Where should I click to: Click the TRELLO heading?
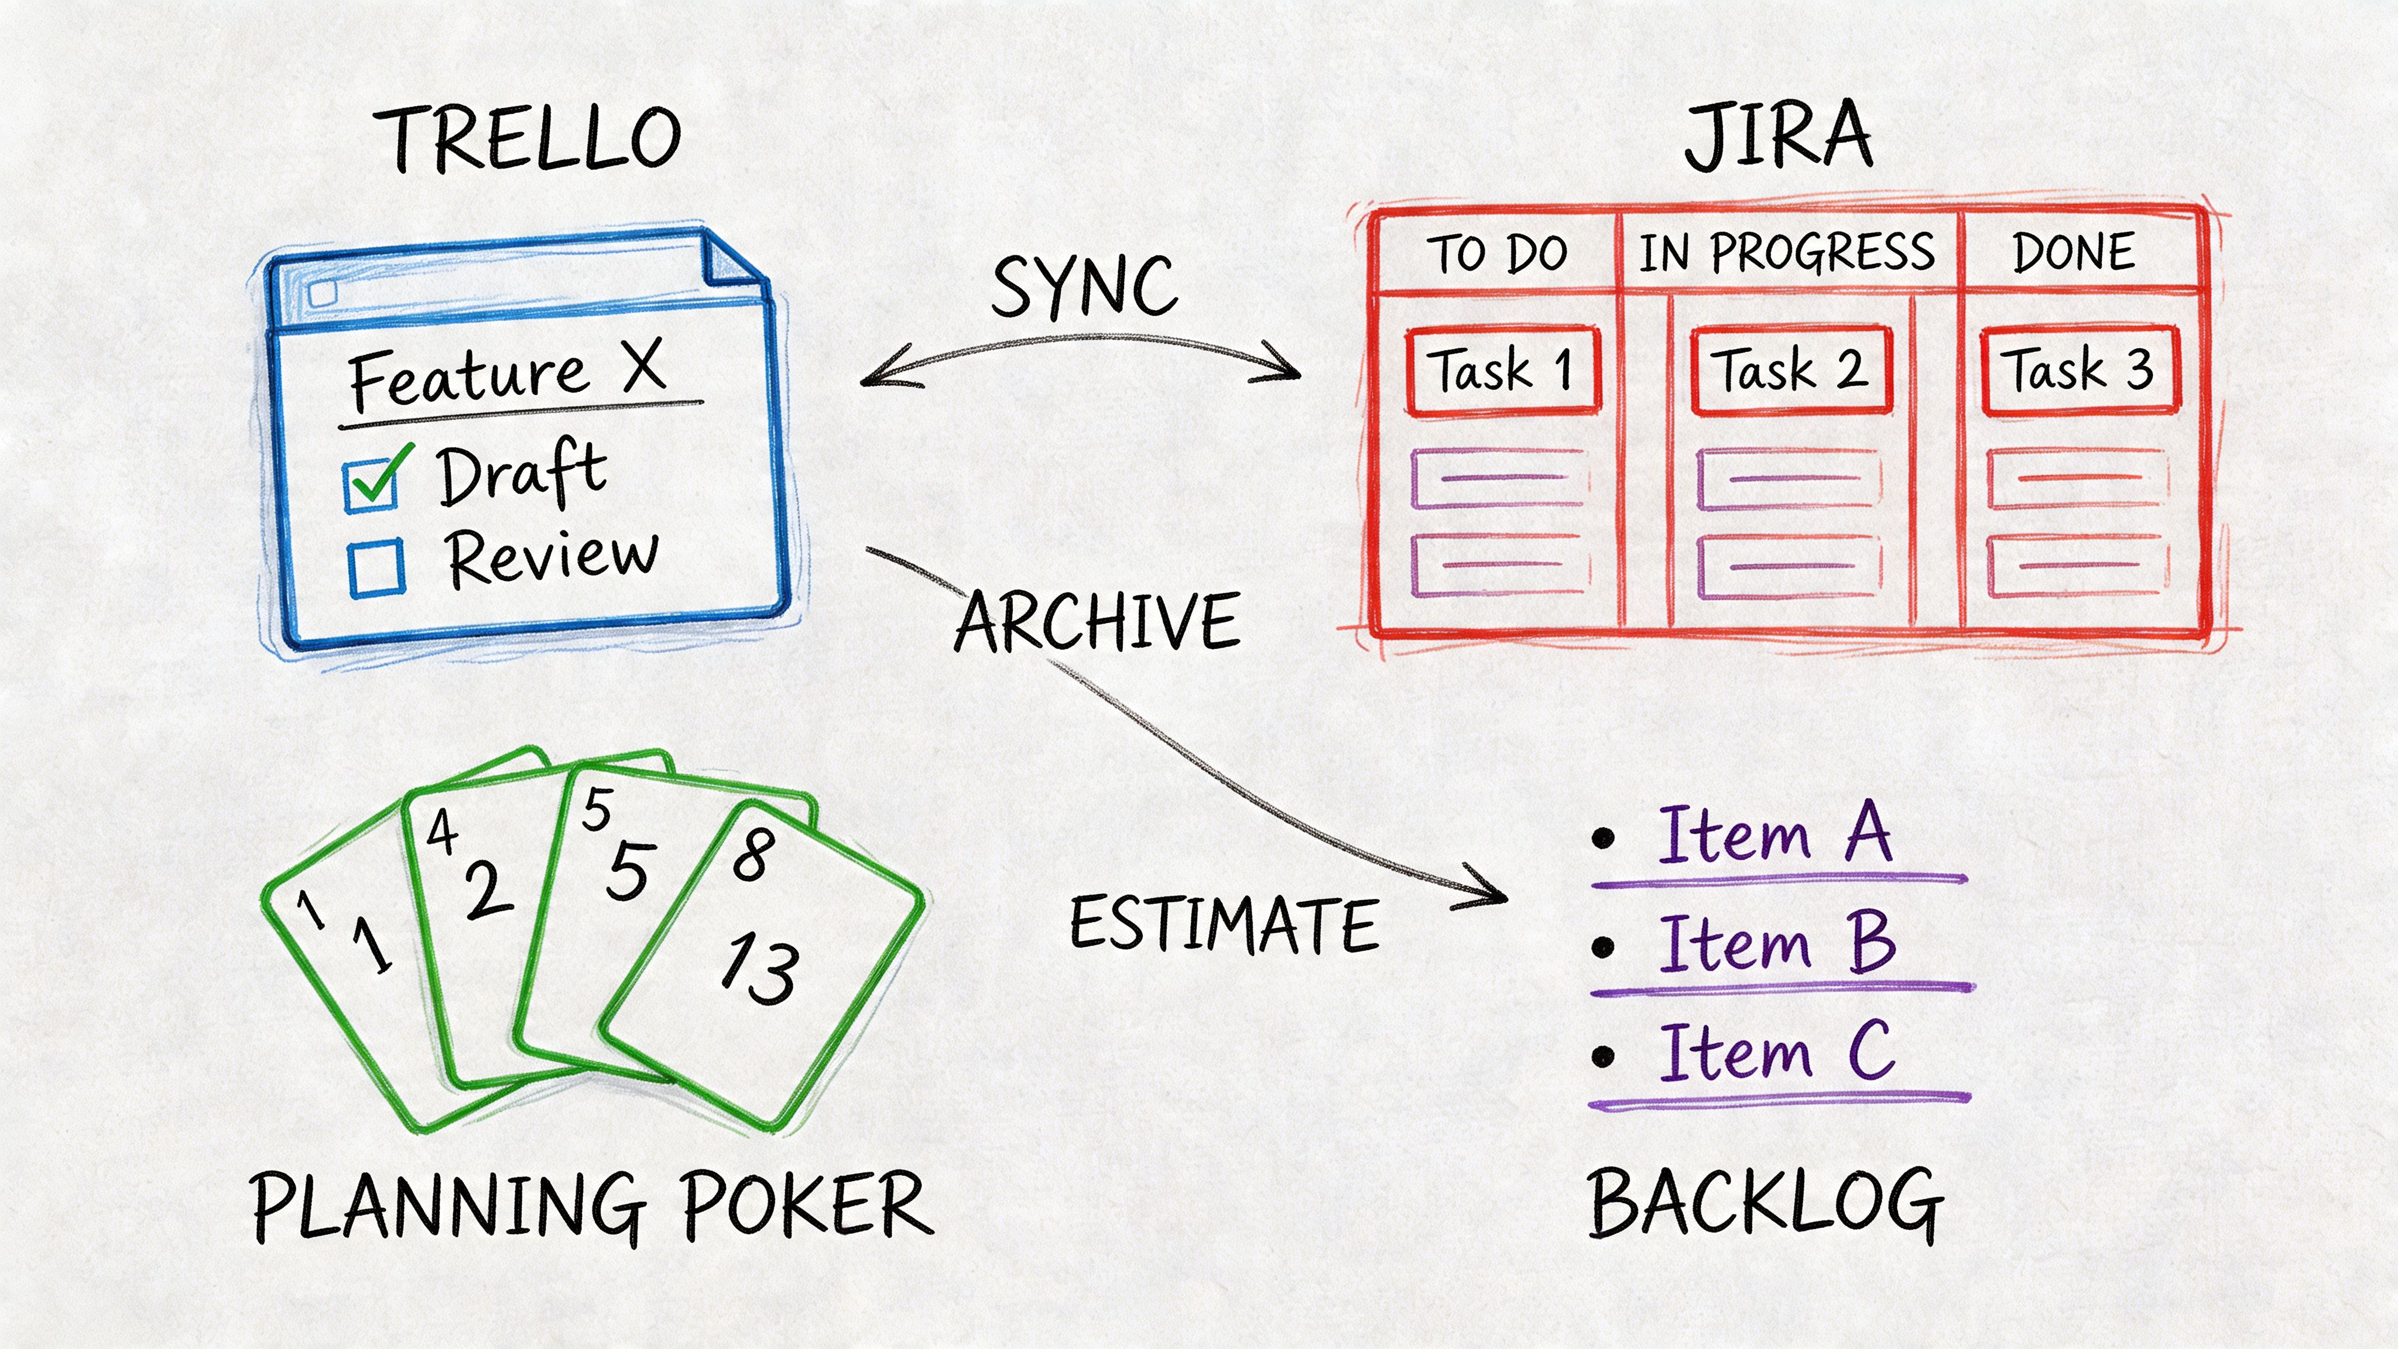click(528, 140)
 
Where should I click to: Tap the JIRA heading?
click(1778, 138)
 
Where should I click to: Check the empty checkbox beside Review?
click(376, 568)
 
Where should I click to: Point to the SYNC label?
click(1084, 286)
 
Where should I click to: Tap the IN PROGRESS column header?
click(1786, 253)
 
